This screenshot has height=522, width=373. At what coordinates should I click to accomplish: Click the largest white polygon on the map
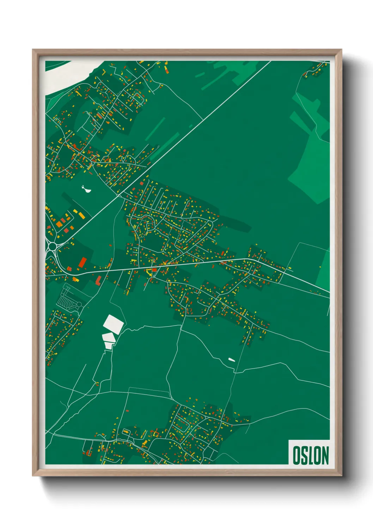coord(113,323)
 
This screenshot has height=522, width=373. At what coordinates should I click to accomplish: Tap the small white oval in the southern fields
coord(231,360)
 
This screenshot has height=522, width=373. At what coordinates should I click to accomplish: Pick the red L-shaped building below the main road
coord(98,280)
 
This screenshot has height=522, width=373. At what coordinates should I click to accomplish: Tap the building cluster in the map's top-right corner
coord(314,70)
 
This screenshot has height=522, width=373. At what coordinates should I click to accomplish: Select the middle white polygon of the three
coord(109,337)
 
